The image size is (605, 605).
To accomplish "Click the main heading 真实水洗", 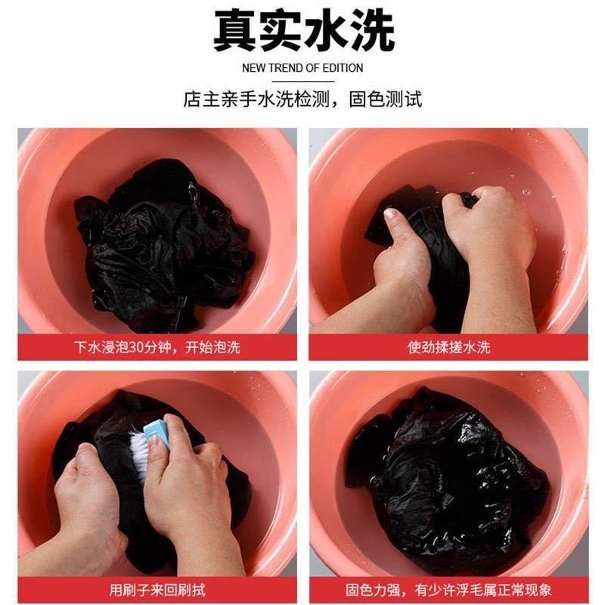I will [x=302, y=31].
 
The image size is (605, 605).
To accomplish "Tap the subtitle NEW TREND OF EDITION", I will [x=302, y=68].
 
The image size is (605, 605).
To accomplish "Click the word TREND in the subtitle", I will [x=285, y=68].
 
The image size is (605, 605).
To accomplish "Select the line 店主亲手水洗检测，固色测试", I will [x=302, y=99].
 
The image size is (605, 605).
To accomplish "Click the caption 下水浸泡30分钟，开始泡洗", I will [x=157, y=347].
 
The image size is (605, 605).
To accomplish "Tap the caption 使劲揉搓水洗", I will [x=448, y=347].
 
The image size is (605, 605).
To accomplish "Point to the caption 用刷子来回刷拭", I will [x=157, y=589].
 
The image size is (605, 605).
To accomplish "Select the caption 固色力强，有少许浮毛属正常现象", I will [x=448, y=589].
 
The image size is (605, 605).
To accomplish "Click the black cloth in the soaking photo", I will [x=163, y=242].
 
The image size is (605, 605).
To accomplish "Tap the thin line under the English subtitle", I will [x=302, y=81].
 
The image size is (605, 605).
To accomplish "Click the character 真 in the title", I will [x=234, y=31].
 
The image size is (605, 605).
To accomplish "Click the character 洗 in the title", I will [x=371, y=31].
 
